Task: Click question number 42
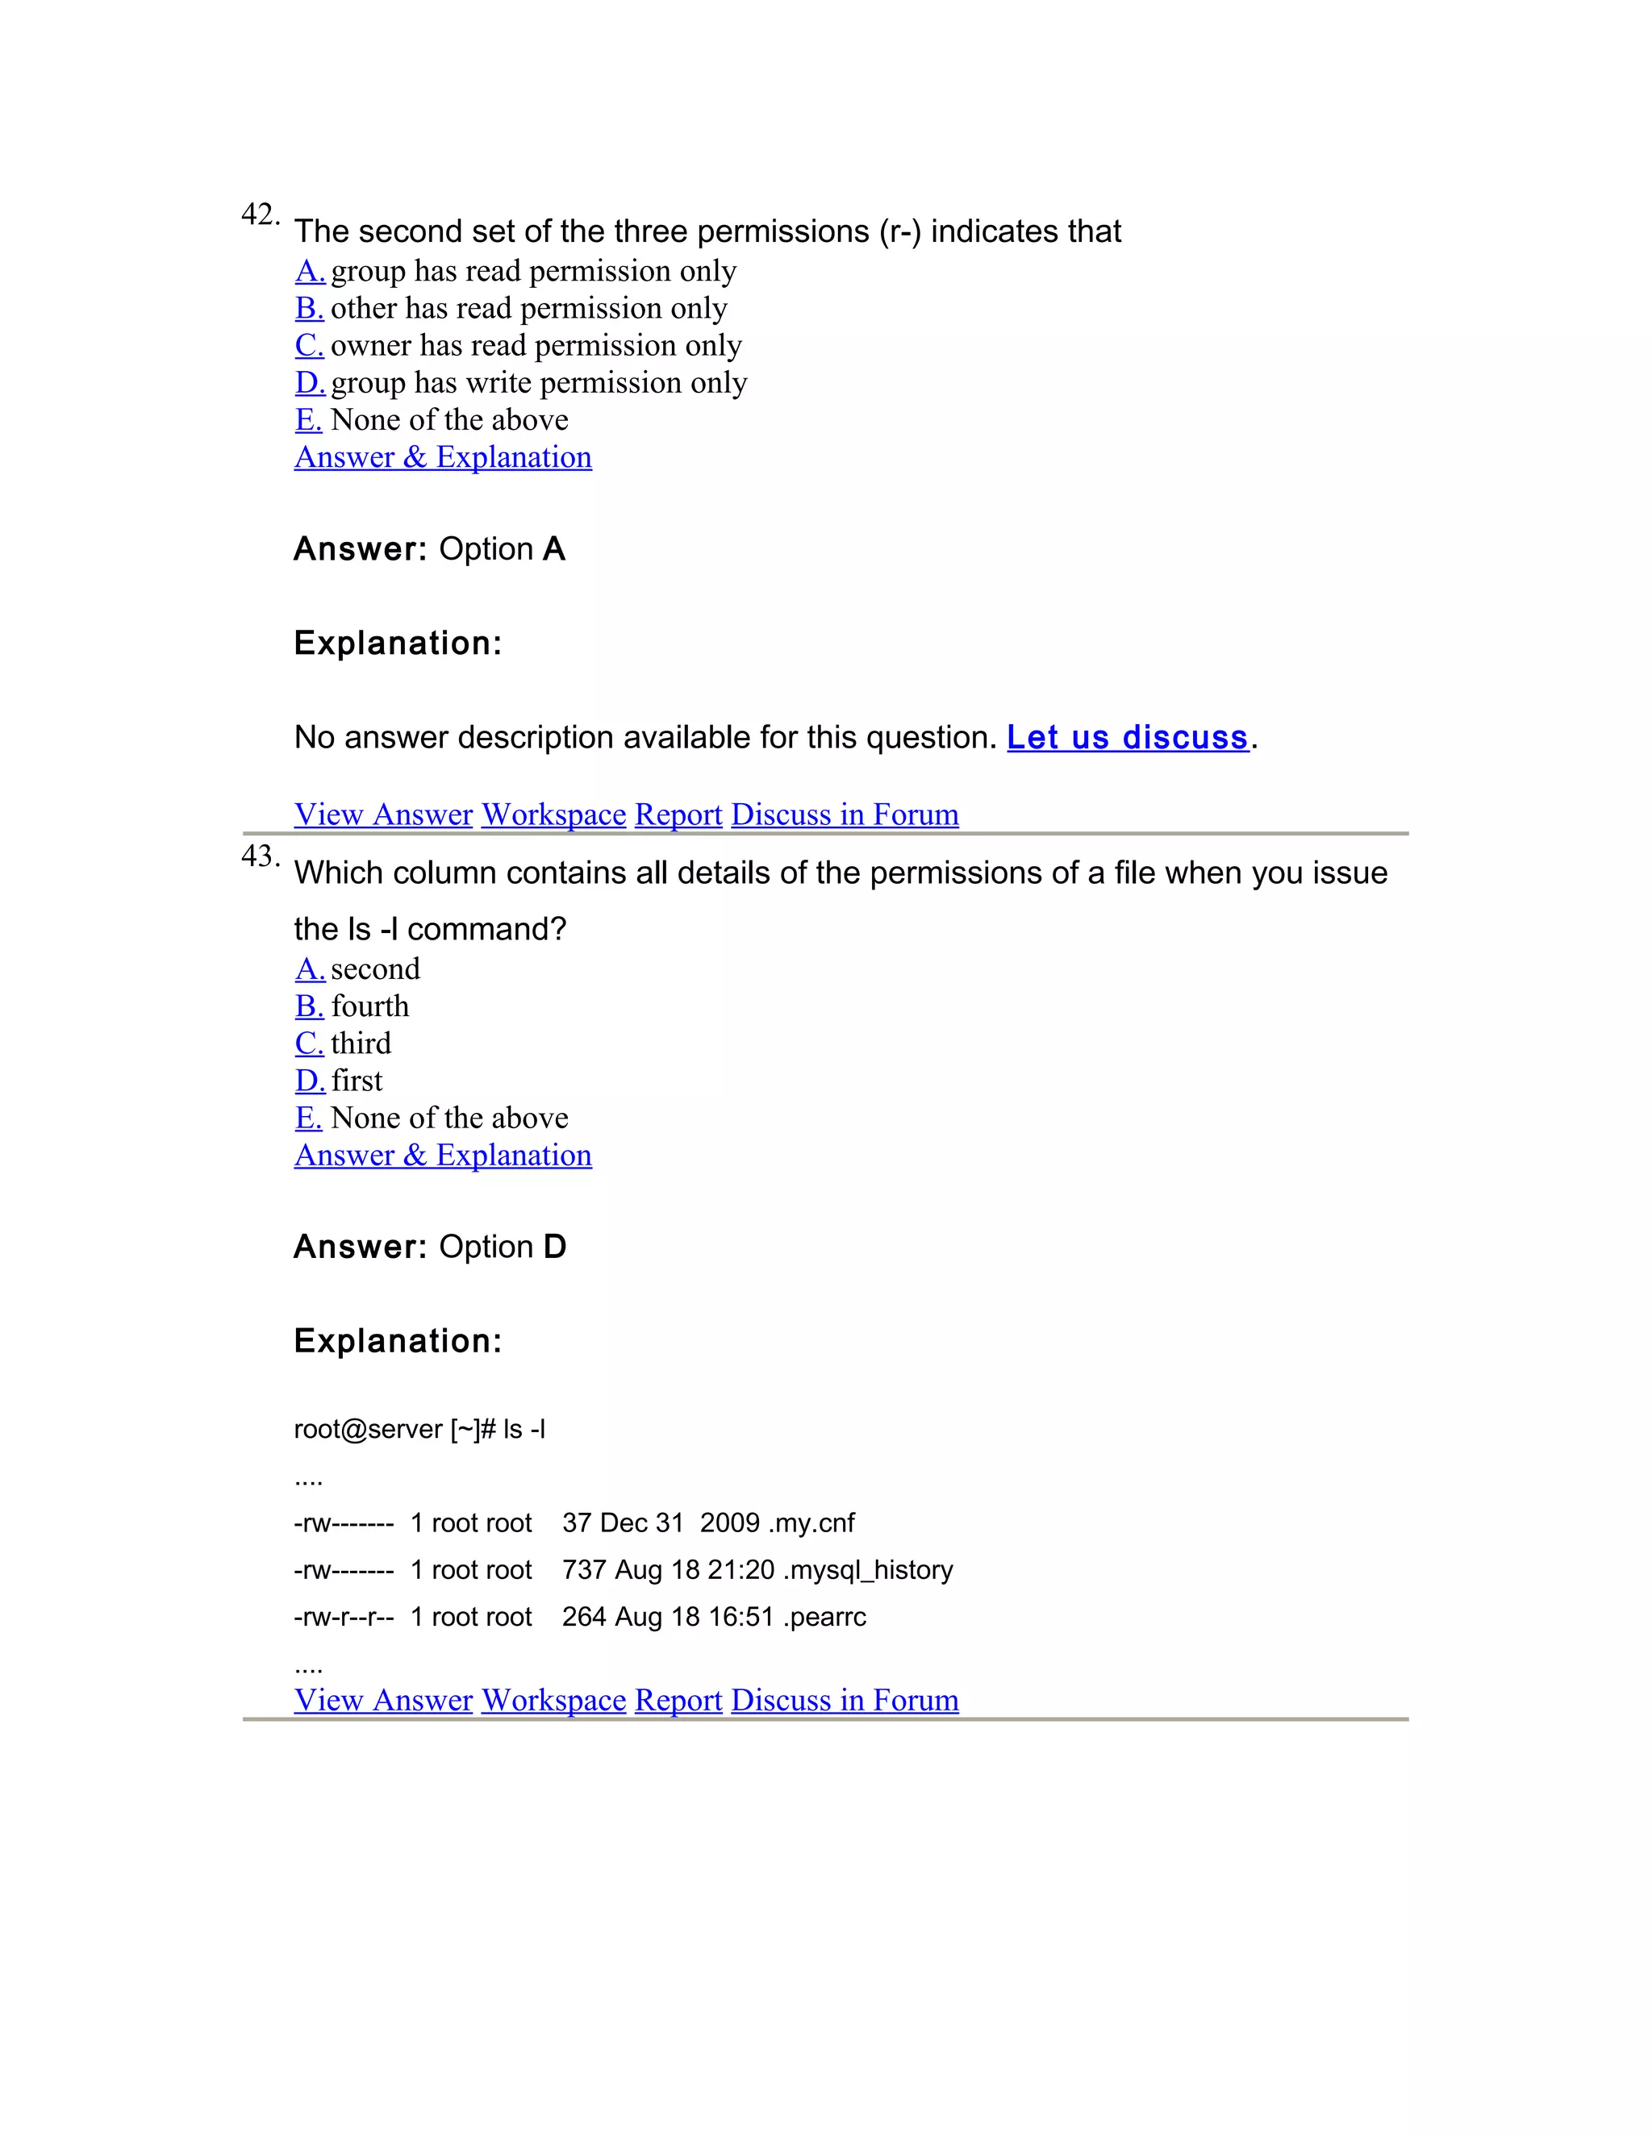point(260,215)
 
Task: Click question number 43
point(260,856)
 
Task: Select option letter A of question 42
point(309,271)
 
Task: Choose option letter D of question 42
point(309,382)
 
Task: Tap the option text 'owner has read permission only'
point(536,345)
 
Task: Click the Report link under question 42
point(678,814)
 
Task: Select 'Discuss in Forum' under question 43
point(845,1700)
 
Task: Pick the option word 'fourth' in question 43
point(370,1006)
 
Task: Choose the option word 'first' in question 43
point(357,1081)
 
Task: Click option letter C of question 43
point(309,1043)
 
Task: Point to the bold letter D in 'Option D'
point(555,1248)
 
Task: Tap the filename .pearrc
point(824,1618)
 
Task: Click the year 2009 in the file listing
point(729,1523)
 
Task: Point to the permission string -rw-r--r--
point(344,1618)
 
